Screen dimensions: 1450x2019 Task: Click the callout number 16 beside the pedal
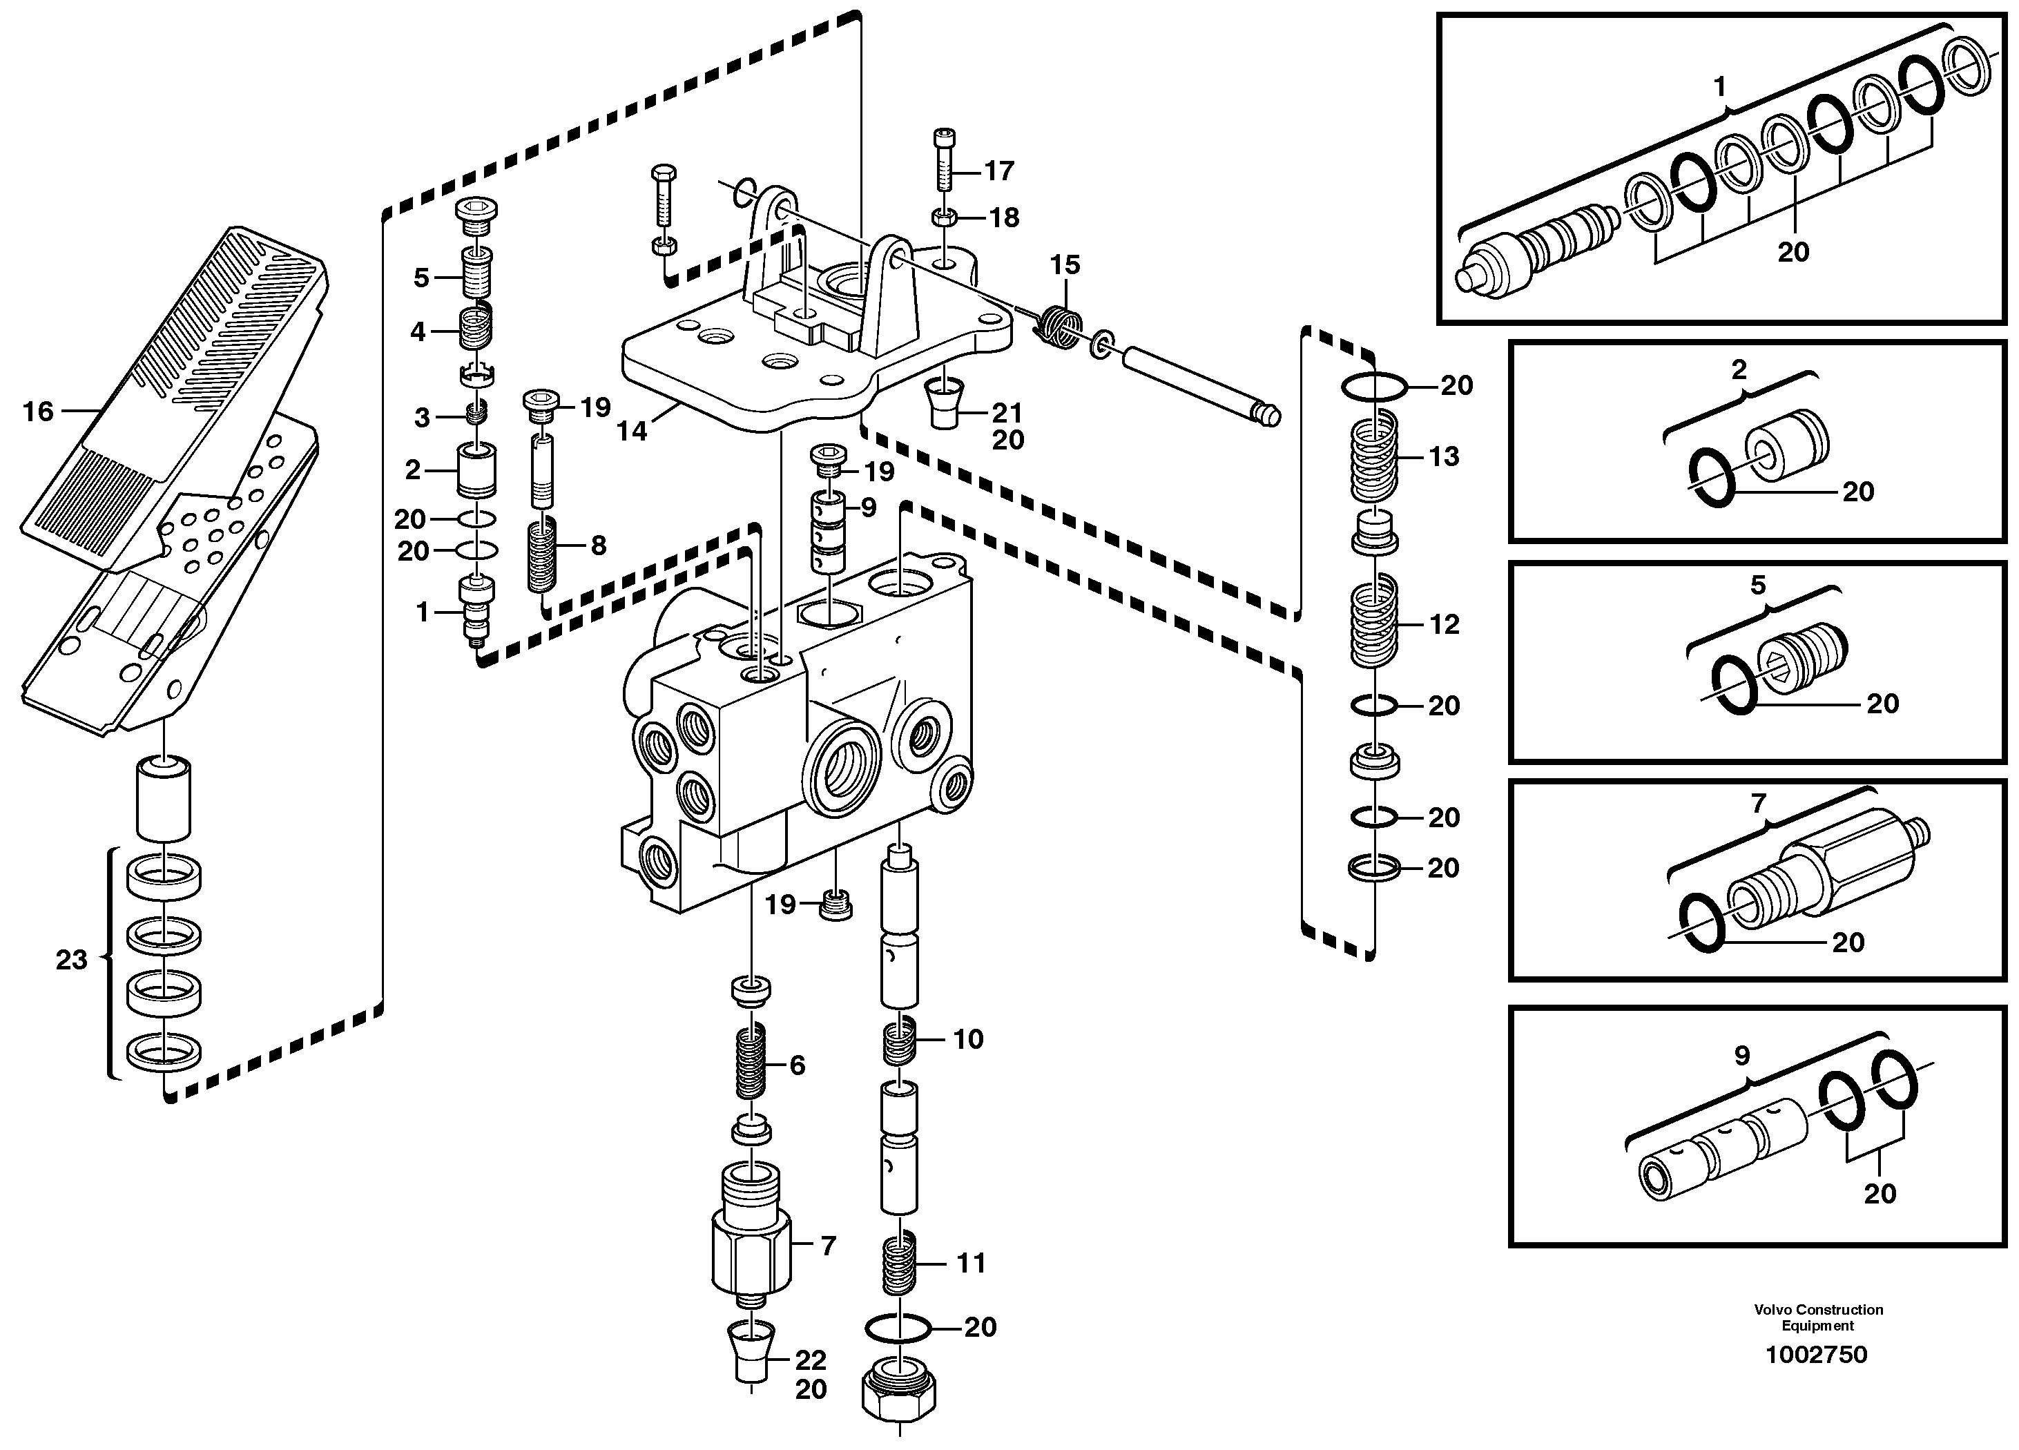coord(37,412)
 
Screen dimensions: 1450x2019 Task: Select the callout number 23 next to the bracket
coord(71,960)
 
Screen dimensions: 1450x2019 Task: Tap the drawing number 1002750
coord(1816,1355)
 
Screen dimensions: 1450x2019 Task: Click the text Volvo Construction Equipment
coord(1818,1317)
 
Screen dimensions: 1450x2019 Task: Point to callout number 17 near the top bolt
coord(999,171)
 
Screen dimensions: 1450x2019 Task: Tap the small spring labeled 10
coord(899,1041)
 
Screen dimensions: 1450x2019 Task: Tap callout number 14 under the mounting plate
coord(632,432)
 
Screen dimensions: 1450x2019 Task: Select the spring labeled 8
coord(542,557)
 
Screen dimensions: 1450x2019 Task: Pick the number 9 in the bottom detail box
coord(1742,1056)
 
